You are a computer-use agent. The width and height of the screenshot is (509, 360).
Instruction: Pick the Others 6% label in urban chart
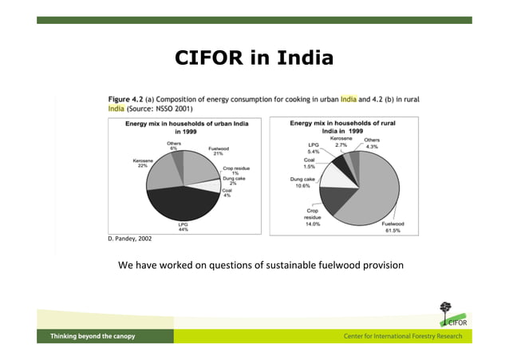[174, 146]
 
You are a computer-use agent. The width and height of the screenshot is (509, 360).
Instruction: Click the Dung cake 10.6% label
[301, 183]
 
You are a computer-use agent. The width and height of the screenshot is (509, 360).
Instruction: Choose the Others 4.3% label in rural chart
[371, 144]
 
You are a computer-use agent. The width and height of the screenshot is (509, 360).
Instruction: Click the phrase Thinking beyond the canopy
[93, 337]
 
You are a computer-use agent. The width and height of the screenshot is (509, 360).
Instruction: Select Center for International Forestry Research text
[402, 337]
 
